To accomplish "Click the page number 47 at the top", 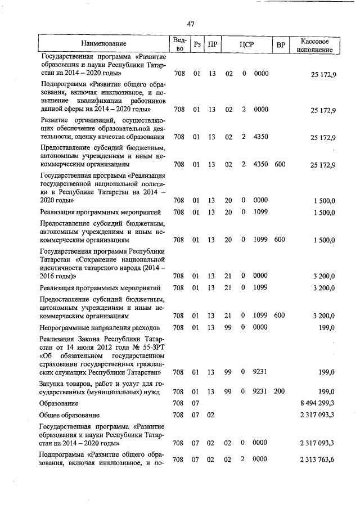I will [x=191, y=24].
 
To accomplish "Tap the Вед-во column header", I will [x=179, y=44].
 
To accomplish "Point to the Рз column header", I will [x=197, y=44].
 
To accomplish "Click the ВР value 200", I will [x=280, y=391].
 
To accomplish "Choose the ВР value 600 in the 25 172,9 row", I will [x=280, y=164].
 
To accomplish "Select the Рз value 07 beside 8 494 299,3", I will [x=196, y=403].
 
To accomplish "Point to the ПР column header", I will [x=212, y=44].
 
